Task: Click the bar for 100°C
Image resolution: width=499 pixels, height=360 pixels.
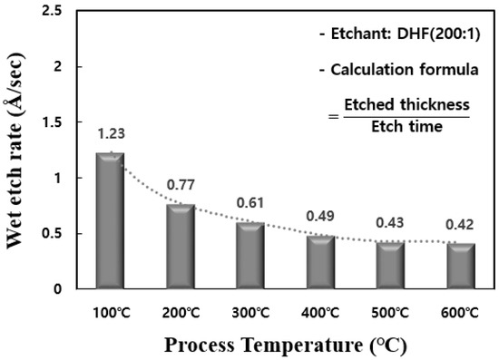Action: (110, 221)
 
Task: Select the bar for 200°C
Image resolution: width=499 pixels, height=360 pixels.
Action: (180, 247)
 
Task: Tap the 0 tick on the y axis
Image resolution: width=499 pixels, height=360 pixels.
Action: (59, 289)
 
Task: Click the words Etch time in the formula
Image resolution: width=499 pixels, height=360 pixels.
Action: (408, 126)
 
